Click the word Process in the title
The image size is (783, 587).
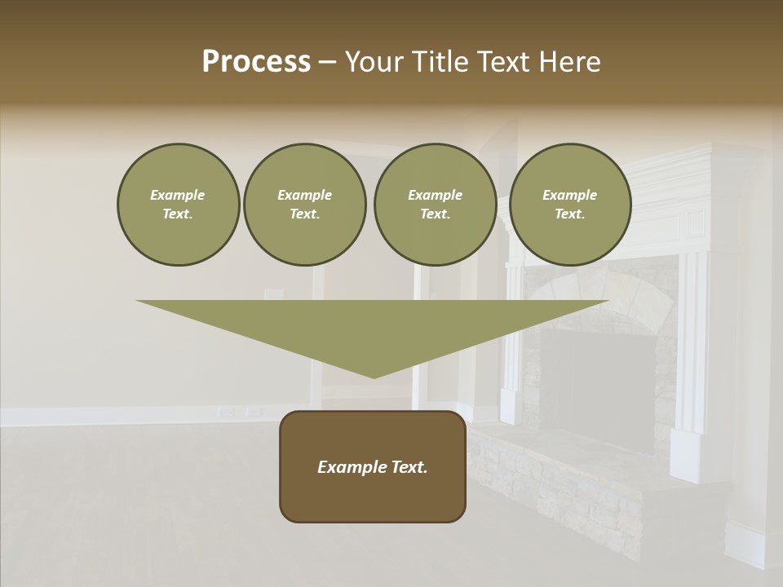coord(256,62)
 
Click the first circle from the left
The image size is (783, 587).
coord(178,205)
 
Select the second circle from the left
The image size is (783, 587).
coord(305,205)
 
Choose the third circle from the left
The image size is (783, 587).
coord(435,205)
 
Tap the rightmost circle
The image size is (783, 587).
coord(570,205)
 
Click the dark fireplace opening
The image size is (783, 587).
coord(599,383)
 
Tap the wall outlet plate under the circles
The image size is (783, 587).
coord(273,295)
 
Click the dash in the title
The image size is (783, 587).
coord(328,62)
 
